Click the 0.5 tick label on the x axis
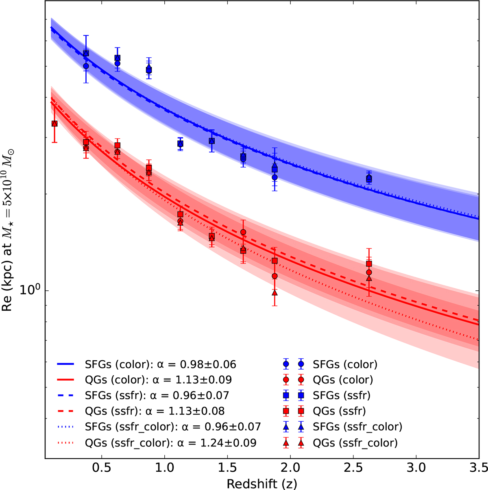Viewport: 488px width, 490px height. [102, 468]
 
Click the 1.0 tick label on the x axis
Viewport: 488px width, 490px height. [164, 468]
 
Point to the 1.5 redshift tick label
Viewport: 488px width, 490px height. [227, 468]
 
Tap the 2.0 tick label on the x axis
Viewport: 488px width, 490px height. [290, 468]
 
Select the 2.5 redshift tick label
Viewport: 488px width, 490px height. [353, 468]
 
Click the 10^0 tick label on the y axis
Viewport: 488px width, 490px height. [31, 290]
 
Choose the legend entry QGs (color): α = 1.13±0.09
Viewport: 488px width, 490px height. [158, 380]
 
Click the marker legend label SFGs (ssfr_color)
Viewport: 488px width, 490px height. [357, 427]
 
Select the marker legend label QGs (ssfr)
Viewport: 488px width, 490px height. [339, 411]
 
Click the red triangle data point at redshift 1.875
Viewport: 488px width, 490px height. [274, 292]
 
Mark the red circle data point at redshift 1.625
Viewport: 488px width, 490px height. [243, 232]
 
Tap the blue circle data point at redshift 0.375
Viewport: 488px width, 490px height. [86, 66]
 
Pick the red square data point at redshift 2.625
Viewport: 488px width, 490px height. [369, 264]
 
